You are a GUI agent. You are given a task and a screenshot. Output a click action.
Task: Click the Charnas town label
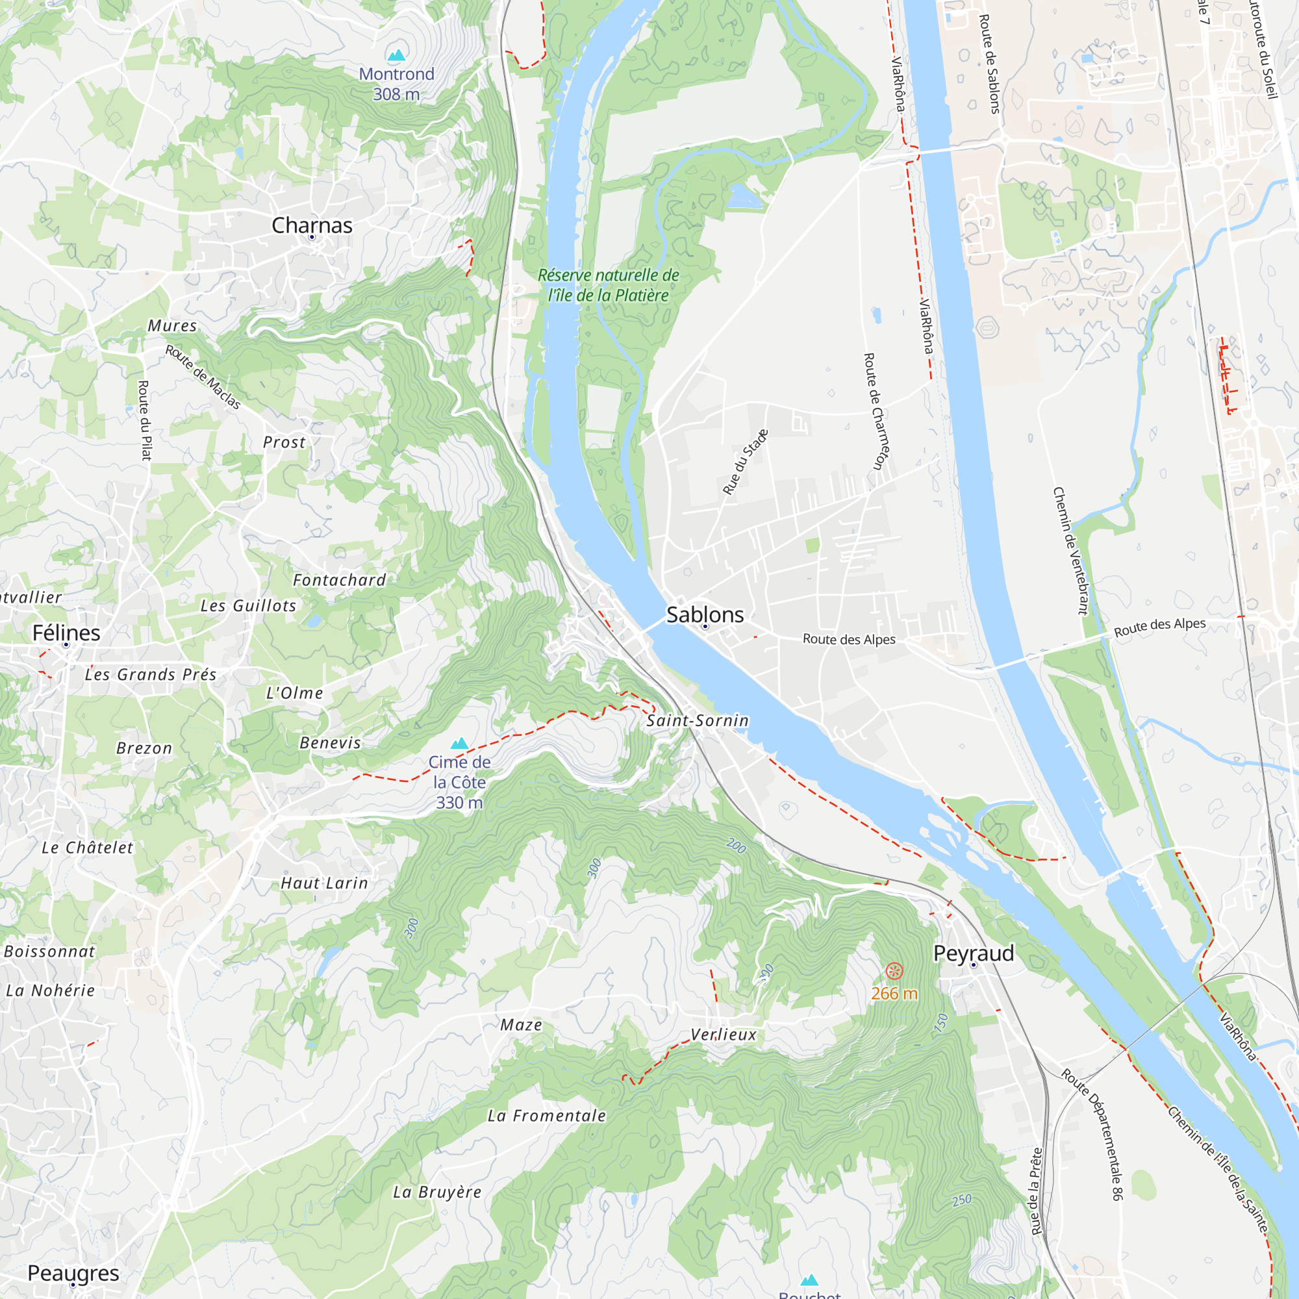pos(312,225)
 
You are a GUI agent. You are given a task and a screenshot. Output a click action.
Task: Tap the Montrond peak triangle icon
pos(397,55)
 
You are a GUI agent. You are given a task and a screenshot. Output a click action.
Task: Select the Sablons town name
pos(705,614)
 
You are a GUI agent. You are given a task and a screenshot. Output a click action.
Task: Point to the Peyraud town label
pos(973,953)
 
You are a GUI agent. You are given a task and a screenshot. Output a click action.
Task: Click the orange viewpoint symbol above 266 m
pos(894,970)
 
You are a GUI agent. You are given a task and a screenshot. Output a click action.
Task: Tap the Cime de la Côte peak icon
pos(459,743)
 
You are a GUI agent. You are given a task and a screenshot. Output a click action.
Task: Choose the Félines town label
pos(66,633)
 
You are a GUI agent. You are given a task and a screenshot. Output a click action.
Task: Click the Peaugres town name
pos(73,1273)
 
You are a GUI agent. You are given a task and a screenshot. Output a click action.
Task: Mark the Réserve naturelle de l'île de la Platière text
pos(608,285)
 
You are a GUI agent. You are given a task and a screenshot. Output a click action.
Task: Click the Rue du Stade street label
pos(745,462)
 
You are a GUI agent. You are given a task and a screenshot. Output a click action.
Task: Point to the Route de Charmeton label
pos(874,411)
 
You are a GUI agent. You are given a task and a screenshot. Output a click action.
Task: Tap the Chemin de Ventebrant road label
pos(1070,551)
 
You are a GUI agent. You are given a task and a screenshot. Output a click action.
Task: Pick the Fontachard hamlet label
pos(340,580)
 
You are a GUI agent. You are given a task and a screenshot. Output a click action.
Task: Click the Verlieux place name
pos(724,1035)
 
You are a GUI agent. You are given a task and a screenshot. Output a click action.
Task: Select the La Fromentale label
pos(547,1116)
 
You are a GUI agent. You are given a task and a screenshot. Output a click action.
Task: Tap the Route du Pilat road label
pos(144,420)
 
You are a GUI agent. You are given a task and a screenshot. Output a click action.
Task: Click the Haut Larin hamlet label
pos(324,883)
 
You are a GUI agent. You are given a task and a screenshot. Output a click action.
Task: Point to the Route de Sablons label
pos(989,64)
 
